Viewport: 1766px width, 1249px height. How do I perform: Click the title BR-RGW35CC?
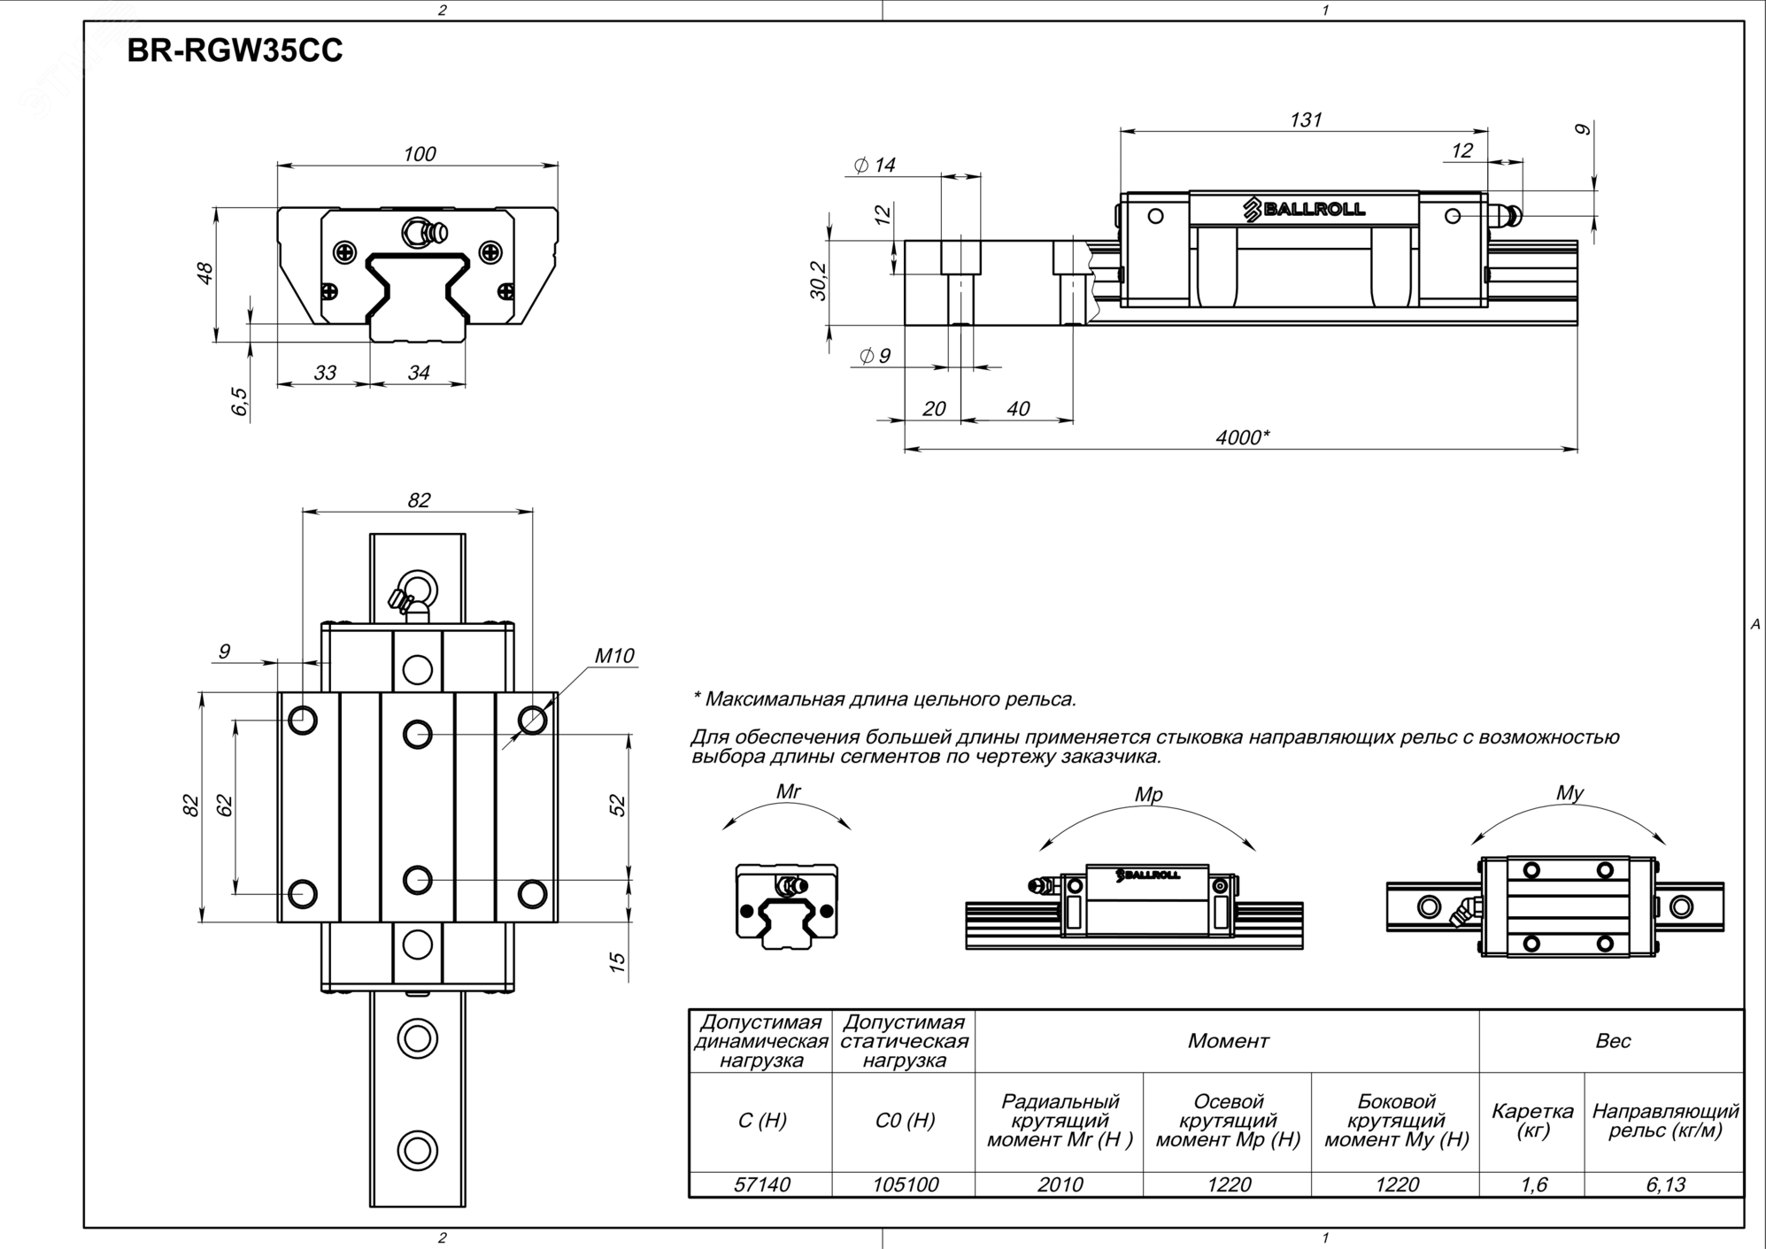coord(235,51)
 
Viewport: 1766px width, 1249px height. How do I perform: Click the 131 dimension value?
coord(1306,120)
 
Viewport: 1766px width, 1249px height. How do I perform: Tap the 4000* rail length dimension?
coord(1242,437)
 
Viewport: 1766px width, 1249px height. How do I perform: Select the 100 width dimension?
coord(419,154)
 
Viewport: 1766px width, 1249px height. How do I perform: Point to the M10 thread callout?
coord(614,656)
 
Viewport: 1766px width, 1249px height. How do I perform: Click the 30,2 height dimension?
coord(818,281)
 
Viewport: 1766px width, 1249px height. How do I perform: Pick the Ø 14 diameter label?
coord(875,166)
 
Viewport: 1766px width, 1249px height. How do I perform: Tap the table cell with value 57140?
coord(761,1184)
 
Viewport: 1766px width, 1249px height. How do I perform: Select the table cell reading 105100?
coord(905,1184)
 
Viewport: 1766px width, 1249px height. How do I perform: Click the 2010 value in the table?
coord(1060,1184)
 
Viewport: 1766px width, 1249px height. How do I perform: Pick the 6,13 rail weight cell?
coord(1665,1184)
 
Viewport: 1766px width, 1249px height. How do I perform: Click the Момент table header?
coord(1228,1041)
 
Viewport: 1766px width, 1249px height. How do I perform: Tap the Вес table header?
coord(1612,1041)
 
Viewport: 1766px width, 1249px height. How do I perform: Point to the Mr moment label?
coord(788,791)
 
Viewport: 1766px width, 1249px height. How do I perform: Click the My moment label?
coord(1569,793)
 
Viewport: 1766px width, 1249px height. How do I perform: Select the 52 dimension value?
coord(618,806)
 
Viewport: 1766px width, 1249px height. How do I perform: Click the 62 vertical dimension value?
coord(225,806)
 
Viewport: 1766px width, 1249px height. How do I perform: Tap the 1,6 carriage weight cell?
coord(1533,1184)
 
